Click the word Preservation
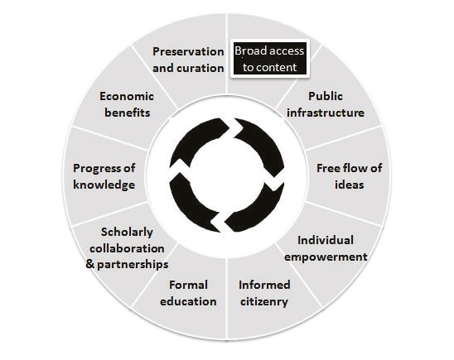click(x=188, y=52)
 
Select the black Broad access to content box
click(x=270, y=59)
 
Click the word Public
click(x=326, y=96)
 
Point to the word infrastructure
click(x=326, y=113)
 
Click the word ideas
click(x=349, y=185)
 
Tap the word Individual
click(x=326, y=240)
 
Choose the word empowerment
click(x=326, y=257)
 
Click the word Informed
click(x=264, y=285)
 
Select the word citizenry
click(x=264, y=301)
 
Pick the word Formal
click(x=189, y=285)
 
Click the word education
click(x=188, y=301)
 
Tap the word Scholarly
click(x=127, y=233)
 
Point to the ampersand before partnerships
click(x=90, y=264)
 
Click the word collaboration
click(x=127, y=248)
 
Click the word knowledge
click(x=104, y=185)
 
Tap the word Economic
click(x=127, y=96)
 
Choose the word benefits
click(x=127, y=113)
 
